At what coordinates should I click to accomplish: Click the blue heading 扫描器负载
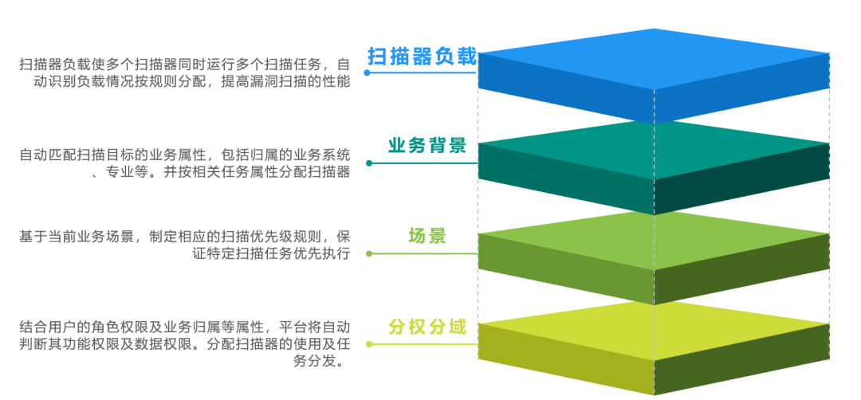[422, 57]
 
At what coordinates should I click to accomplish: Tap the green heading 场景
[427, 236]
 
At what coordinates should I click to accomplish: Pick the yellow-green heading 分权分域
[427, 327]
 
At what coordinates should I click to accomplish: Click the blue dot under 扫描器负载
[368, 73]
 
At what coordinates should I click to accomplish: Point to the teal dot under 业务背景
[368, 163]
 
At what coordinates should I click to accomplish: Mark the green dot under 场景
[368, 254]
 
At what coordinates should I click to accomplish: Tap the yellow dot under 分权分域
[368, 344]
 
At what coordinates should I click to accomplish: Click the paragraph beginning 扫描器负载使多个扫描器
[184, 72]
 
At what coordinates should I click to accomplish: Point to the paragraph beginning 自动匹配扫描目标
[184, 163]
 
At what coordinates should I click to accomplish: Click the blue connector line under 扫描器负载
[423, 73]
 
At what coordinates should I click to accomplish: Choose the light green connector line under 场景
[423, 254]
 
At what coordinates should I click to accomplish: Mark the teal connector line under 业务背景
[423, 163]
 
